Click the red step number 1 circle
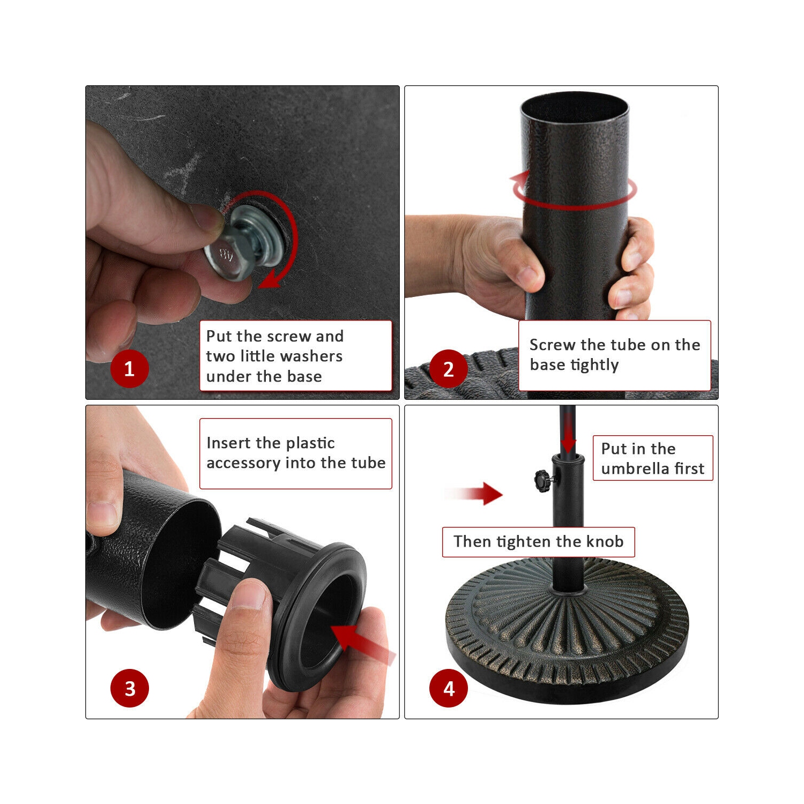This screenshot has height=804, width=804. pos(129,369)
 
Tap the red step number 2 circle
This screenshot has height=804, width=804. pos(449,369)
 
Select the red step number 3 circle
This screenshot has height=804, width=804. pos(130,688)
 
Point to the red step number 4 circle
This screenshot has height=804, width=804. pos(449,688)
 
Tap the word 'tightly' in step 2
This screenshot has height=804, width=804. pos(594,365)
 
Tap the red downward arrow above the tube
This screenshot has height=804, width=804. pos(568,434)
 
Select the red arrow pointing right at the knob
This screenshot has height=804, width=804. pos(474,493)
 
